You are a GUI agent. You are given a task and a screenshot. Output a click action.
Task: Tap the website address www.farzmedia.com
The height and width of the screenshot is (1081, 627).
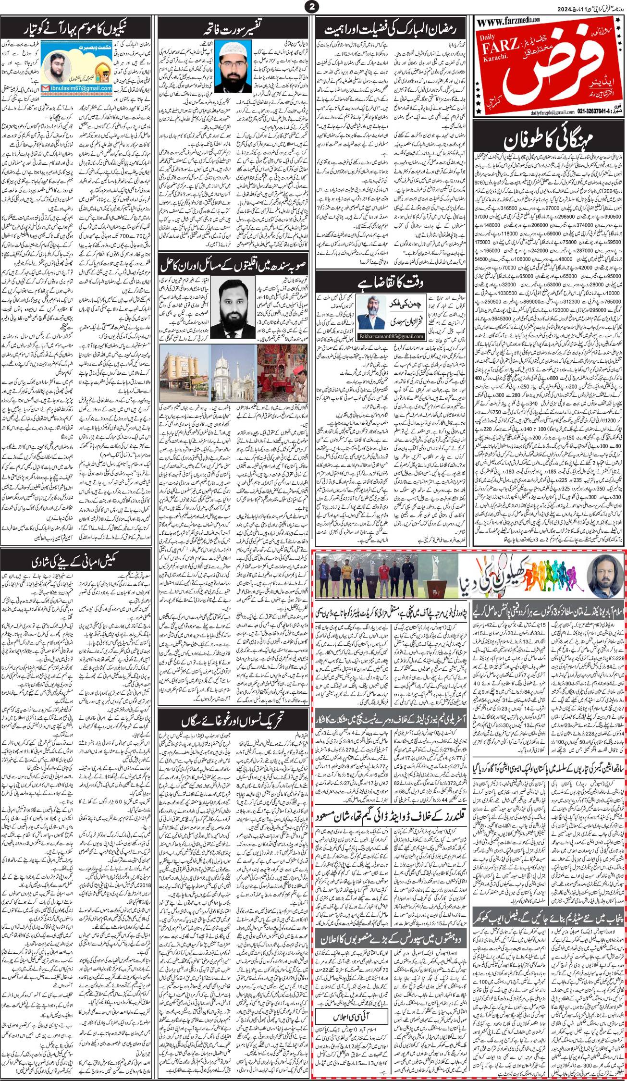(509, 20)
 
